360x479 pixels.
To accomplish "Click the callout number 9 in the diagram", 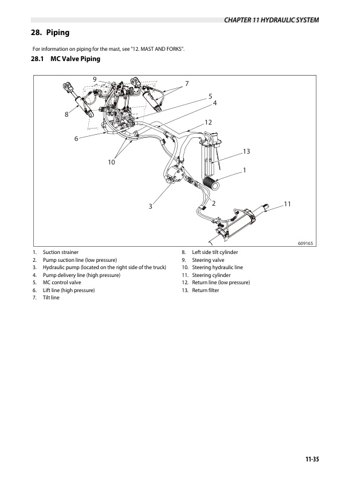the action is click(x=95, y=79).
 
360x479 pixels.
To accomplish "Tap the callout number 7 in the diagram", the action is click(x=187, y=83).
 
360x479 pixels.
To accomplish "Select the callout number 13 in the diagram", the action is click(x=246, y=151).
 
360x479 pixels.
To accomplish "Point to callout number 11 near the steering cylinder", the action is click(x=287, y=204).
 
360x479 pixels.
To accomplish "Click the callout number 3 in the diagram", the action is click(x=151, y=206).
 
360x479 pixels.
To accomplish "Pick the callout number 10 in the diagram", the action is click(x=111, y=162).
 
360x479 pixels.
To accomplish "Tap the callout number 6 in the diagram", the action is click(x=76, y=138).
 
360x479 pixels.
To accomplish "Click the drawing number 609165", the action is click(x=306, y=244).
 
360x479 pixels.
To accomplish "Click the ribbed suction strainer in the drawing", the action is click(x=211, y=183).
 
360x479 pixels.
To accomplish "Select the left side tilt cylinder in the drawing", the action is click(x=78, y=100).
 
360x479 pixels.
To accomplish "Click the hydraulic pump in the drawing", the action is click(x=175, y=174).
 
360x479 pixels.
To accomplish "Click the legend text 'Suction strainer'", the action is click(x=61, y=252).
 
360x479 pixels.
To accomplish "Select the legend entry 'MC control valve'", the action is click(x=62, y=282).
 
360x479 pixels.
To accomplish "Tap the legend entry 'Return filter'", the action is click(x=205, y=290).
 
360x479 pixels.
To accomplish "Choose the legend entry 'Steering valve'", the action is click(x=208, y=260).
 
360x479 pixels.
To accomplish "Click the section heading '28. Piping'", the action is click(x=50, y=33).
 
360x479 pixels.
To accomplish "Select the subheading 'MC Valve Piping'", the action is click(x=75, y=59).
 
